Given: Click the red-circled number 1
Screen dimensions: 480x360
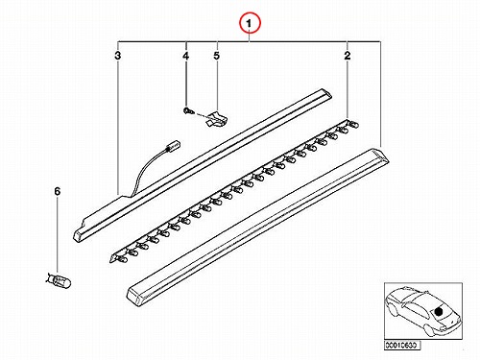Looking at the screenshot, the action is [249, 23].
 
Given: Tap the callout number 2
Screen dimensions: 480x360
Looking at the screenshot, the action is [348, 56].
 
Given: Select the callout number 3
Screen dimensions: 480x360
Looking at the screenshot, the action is [118, 56].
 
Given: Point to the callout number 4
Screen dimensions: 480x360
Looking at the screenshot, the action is [185, 56].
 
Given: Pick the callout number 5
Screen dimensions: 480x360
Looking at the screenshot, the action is [217, 56].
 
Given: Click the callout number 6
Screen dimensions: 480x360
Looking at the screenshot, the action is [57, 192].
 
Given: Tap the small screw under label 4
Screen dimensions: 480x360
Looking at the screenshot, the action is [188, 110].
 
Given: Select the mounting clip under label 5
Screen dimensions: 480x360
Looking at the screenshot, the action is [216, 118].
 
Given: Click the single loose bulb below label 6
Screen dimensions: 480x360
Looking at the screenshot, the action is [59, 280].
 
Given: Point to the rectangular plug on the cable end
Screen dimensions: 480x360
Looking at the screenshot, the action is [172, 146].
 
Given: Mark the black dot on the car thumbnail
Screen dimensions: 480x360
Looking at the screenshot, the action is [439, 311].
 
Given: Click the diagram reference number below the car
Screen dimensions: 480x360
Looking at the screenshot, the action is [401, 346].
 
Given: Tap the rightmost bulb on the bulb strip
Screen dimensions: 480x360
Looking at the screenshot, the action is [353, 123].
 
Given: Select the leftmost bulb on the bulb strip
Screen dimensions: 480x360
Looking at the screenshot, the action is [122, 258].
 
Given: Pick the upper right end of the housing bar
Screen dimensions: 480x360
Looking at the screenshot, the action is [324, 94].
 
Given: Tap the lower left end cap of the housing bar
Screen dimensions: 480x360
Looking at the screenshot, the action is [79, 236].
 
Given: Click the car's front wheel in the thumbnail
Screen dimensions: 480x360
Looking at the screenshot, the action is [430, 331].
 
